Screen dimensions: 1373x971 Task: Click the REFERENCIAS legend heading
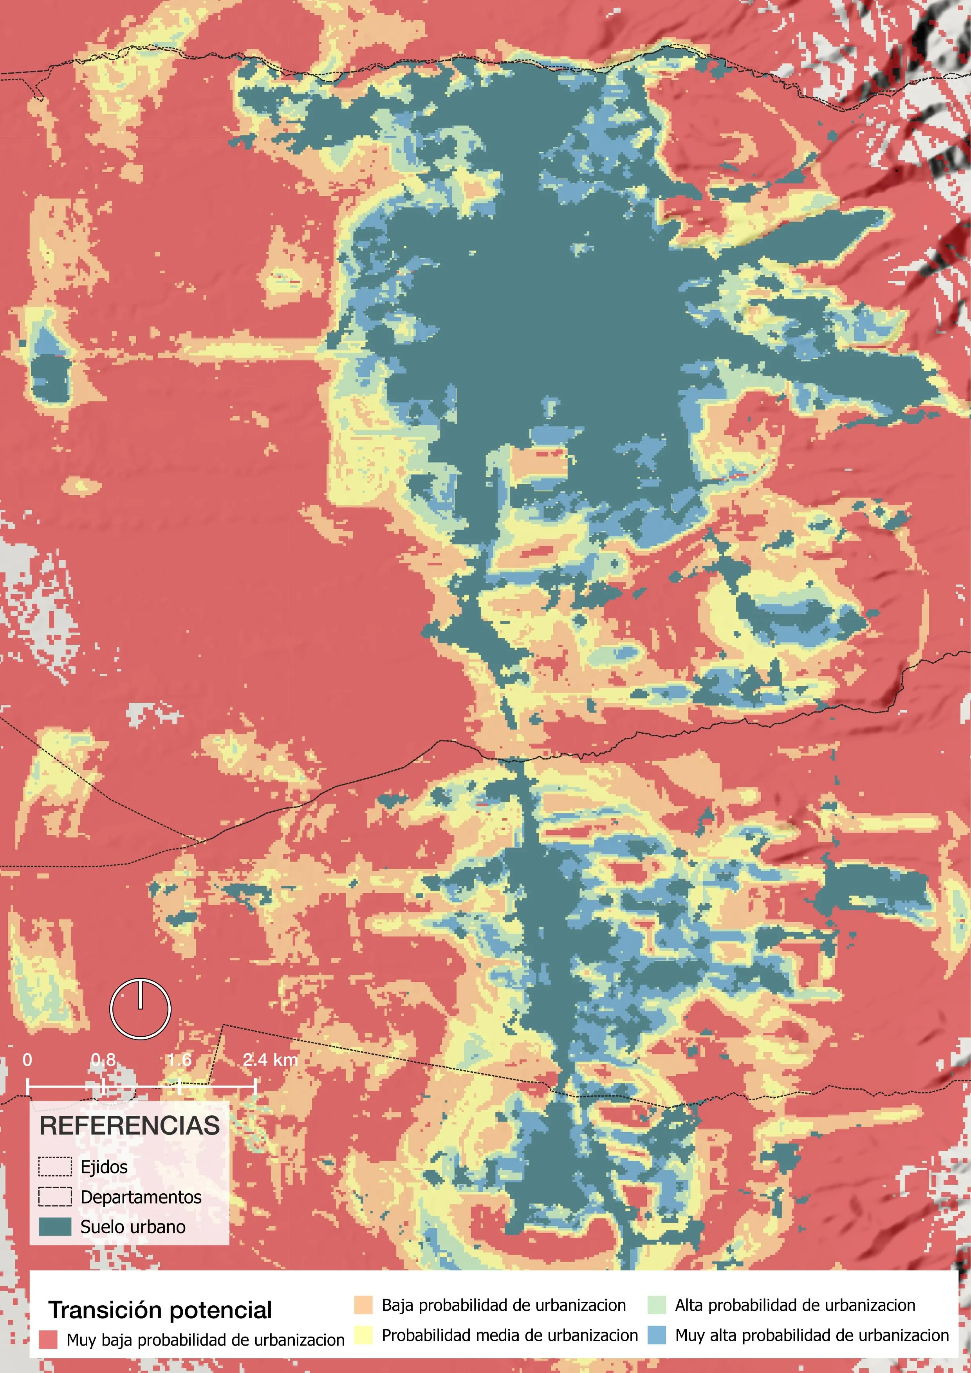coord(130,1126)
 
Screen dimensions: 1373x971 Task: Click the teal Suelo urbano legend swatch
coord(55,1227)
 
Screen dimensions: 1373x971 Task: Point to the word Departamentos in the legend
coord(141,1197)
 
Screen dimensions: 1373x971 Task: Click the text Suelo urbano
coord(133,1227)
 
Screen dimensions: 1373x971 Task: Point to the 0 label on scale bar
coord(27,1060)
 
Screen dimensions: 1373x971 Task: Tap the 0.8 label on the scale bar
coord(103,1060)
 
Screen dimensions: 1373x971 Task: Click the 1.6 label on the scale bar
coord(179,1060)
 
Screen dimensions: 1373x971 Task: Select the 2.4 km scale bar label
coord(270,1060)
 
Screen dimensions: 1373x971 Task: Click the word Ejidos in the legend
coord(104,1167)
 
